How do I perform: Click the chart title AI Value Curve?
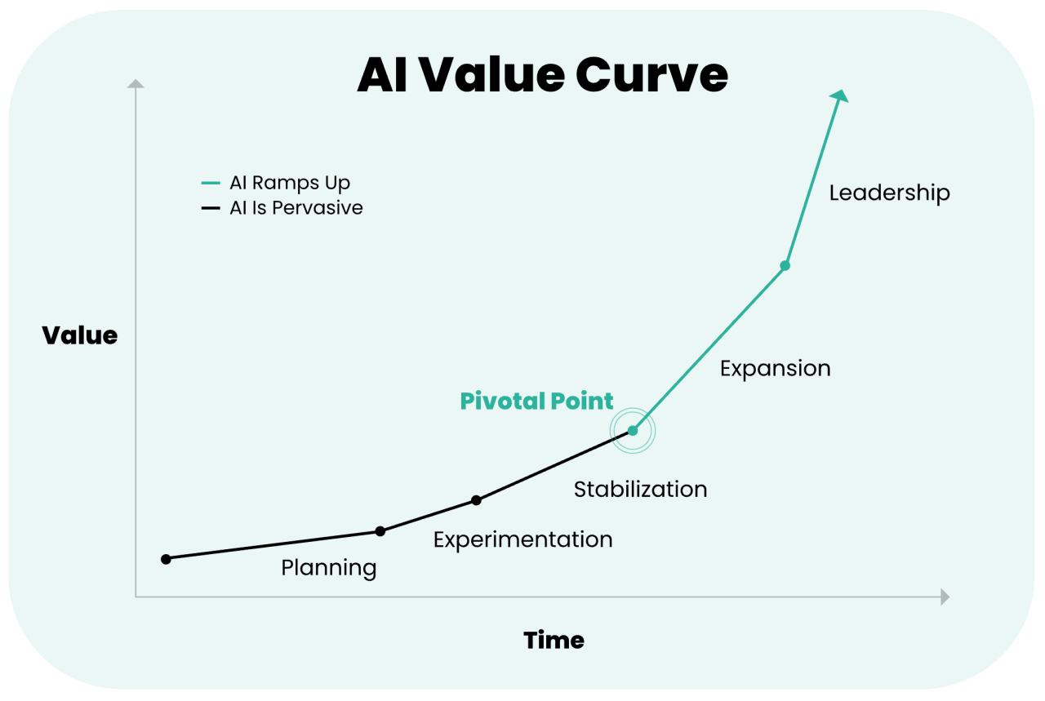pyautogui.click(x=542, y=75)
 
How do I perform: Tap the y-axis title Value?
pyautogui.click(x=80, y=335)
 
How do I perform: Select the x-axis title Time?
pyautogui.click(x=554, y=640)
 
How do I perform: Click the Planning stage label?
pyautogui.click(x=329, y=568)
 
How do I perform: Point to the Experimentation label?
pyautogui.click(x=522, y=539)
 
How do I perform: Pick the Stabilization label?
pyautogui.click(x=640, y=490)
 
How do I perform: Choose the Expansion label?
pyautogui.click(x=775, y=369)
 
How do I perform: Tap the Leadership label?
pyautogui.click(x=889, y=193)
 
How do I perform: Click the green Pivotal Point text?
pyautogui.click(x=536, y=401)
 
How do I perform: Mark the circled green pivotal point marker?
pyautogui.click(x=633, y=430)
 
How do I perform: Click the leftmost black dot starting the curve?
pyautogui.click(x=166, y=559)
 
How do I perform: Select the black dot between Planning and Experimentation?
pyautogui.click(x=380, y=531)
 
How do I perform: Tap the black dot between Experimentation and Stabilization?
pyautogui.click(x=477, y=500)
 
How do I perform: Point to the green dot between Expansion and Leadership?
pyautogui.click(x=785, y=265)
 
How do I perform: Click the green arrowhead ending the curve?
pyautogui.click(x=840, y=96)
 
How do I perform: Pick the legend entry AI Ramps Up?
pyautogui.click(x=289, y=183)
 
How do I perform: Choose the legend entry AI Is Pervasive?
pyautogui.click(x=296, y=208)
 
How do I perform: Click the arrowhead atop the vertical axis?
pyautogui.click(x=136, y=83)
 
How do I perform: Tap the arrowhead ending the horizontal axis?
pyautogui.click(x=945, y=597)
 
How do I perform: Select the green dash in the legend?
pyautogui.click(x=211, y=183)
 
